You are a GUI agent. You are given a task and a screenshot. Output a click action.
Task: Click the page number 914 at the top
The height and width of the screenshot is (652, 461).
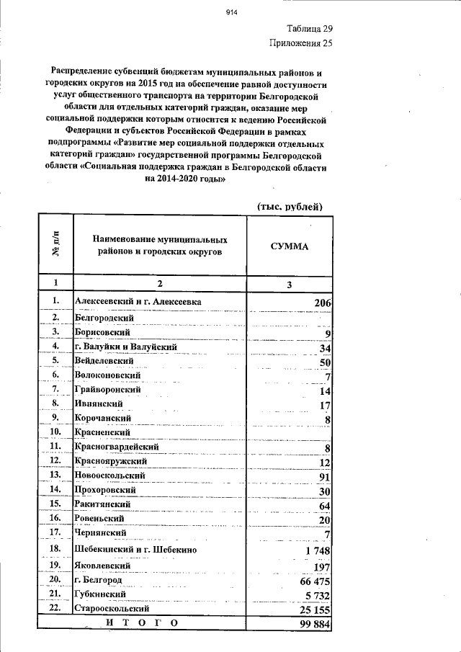[x=231, y=12]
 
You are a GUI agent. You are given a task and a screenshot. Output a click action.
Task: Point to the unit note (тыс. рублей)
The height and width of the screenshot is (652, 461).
[x=290, y=207]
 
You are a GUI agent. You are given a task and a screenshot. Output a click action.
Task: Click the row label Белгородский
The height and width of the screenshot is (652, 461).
[x=104, y=317]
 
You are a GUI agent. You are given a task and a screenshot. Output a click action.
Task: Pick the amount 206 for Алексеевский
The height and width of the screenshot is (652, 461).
[x=321, y=303]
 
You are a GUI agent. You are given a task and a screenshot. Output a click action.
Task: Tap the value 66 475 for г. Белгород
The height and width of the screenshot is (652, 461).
[x=314, y=581]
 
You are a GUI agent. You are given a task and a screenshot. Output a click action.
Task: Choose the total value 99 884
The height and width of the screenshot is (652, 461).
[x=314, y=623]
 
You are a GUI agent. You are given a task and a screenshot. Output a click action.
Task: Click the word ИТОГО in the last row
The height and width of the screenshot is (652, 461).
[x=141, y=623]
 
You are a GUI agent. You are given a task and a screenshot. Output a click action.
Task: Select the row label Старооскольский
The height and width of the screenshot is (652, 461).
[x=112, y=609]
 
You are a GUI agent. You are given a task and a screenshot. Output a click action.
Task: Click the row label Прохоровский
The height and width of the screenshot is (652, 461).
[x=106, y=490]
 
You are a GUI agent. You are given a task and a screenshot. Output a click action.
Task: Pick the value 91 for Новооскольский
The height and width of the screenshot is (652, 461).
[x=324, y=476]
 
